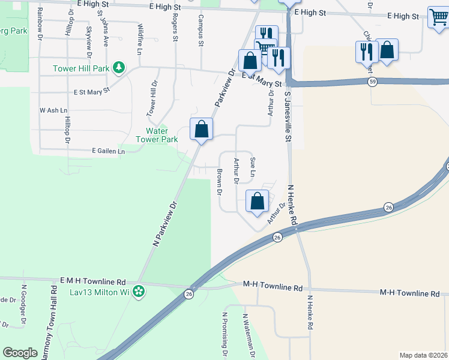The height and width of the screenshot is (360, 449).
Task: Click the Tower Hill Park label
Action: pyautogui.click(x=81, y=68)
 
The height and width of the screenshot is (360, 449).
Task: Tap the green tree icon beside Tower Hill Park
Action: pyautogui.click(x=119, y=68)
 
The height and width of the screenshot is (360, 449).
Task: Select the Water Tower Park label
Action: pyautogui.click(x=162, y=135)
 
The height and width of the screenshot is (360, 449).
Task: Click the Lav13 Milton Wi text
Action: pyautogui.click(x=100, y=292)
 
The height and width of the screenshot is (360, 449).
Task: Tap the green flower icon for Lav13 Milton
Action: pyautogui.click(x=139, y=292)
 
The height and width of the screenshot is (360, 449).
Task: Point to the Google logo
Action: pyautogui.click(x=20, y=353)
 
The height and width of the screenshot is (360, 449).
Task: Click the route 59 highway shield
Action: pyautogui.click(x=373, y=82)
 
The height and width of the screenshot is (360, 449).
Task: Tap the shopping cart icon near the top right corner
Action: pyautogui.click(x=439, y=18)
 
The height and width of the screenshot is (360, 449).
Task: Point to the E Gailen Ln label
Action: pyautogui.click(x=108, y=152)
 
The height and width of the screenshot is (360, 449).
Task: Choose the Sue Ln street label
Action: pyautogui.click(x=253, y=166)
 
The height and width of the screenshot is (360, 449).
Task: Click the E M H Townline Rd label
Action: pyautogui.click(x=93, y=281)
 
